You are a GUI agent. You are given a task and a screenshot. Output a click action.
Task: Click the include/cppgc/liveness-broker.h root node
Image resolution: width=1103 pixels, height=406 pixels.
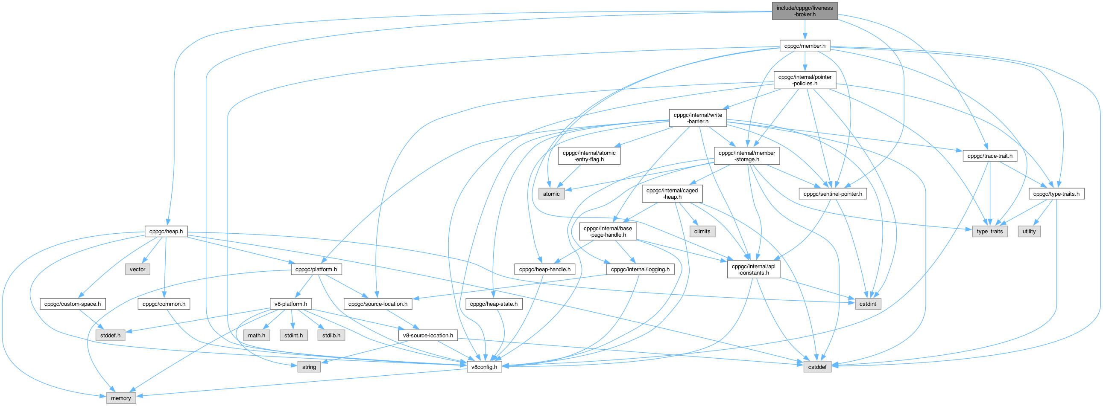tap(805, 11)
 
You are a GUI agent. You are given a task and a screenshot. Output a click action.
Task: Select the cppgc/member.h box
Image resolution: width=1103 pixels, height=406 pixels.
tap(805, 46)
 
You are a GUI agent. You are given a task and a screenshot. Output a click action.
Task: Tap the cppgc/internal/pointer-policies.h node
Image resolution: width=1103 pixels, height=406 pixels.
tap(805, 80)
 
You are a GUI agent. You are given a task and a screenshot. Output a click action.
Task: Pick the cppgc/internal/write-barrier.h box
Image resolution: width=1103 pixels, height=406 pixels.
tap(697, 118)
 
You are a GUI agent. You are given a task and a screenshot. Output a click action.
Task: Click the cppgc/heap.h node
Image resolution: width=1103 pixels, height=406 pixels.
tap(166, 232)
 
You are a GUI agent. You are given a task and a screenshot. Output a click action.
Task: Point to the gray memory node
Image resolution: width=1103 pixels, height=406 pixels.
tap(121, 398)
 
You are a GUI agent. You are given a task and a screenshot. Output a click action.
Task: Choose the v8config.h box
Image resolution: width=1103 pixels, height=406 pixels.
tap(484, 367)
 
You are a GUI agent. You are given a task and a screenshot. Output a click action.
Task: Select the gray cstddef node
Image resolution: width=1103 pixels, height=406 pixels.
tap(817, 367)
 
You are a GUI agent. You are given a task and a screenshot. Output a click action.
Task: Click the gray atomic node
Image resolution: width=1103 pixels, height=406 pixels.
tap(551, 194)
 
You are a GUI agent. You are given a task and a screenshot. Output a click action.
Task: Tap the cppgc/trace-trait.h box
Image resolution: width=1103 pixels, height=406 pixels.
tap(989, 156)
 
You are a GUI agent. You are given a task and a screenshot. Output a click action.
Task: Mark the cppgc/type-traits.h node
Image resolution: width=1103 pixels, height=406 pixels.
tap(1056, 194)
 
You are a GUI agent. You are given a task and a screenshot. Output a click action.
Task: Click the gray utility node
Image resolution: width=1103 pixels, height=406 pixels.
tap(1029, 232)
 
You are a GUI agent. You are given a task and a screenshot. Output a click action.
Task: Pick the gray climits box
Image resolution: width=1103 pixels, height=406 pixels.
tap(702, 232)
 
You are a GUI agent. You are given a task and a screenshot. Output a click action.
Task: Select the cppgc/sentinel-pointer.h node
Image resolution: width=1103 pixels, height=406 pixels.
tap(832, 194)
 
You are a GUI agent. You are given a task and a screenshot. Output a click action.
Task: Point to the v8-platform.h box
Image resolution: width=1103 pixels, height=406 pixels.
tap(291, 304)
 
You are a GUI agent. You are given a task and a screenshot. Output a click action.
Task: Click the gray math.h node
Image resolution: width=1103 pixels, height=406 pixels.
tap(257, 335)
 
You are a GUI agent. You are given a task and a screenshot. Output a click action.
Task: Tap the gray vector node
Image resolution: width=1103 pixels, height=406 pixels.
tap(138, 269)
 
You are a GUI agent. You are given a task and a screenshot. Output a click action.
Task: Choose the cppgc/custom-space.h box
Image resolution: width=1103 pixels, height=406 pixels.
tap(72, 304)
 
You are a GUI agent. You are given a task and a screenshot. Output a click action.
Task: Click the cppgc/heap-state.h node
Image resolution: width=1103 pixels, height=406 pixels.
tap(493, 304)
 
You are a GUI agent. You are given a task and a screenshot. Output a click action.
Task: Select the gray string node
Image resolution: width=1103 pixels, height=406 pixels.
tap(309, 367)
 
